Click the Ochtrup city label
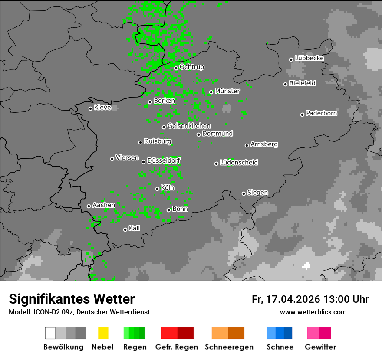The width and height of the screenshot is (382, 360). (192, 67)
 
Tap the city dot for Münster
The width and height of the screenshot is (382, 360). (211, 92)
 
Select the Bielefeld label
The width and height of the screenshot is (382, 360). (303, 83)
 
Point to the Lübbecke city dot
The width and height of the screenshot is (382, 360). (291, 59)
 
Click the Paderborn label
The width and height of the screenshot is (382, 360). (322, 114)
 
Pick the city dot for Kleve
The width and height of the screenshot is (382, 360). (90, 108)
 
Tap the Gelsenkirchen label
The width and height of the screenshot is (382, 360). (189, 126)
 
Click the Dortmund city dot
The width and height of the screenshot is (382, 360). (199, 134)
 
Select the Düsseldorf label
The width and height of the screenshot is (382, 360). (164, 161)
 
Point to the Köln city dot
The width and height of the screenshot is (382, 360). (158, 189)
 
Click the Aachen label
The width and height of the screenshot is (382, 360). (104, 205)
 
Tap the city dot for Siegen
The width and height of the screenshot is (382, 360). (244, 193)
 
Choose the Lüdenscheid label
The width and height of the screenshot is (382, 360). (239, 163)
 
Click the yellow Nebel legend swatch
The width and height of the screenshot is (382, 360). (103, 333)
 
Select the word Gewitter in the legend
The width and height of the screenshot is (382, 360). (320, 347)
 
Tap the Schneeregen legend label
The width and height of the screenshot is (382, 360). (228, 347)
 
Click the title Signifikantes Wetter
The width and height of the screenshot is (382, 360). (72, 299)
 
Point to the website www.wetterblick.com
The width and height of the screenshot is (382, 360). (313, 312)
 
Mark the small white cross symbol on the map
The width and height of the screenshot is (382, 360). (307, 266)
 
